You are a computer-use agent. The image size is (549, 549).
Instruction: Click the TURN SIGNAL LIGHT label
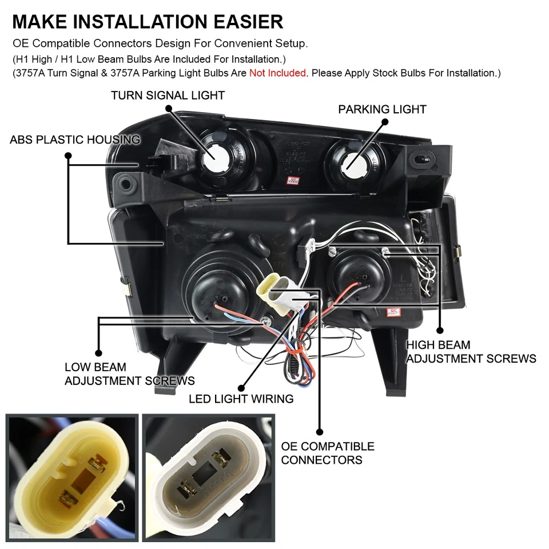[168, 96]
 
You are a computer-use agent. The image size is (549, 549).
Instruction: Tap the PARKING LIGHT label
[382, 109]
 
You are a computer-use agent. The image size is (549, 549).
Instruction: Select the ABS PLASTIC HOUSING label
[75, 140]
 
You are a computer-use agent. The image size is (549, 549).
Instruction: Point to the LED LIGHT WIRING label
[241, 399]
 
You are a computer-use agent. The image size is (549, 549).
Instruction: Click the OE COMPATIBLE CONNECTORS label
[327, 453]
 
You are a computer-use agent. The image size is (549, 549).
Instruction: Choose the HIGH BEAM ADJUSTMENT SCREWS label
[471, 352]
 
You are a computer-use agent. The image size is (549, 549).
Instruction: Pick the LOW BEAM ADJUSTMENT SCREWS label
[129, 374]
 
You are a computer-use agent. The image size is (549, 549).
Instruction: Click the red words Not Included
[277, 73]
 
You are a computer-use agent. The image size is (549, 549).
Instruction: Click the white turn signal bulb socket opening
[216, 153]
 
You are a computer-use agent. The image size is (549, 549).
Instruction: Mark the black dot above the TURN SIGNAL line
[168, 108]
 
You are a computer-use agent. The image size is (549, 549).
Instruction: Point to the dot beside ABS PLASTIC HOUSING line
[68, 155]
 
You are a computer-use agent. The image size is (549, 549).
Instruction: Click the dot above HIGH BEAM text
[440, 330]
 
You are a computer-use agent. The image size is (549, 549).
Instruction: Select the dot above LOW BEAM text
[98, 353]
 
